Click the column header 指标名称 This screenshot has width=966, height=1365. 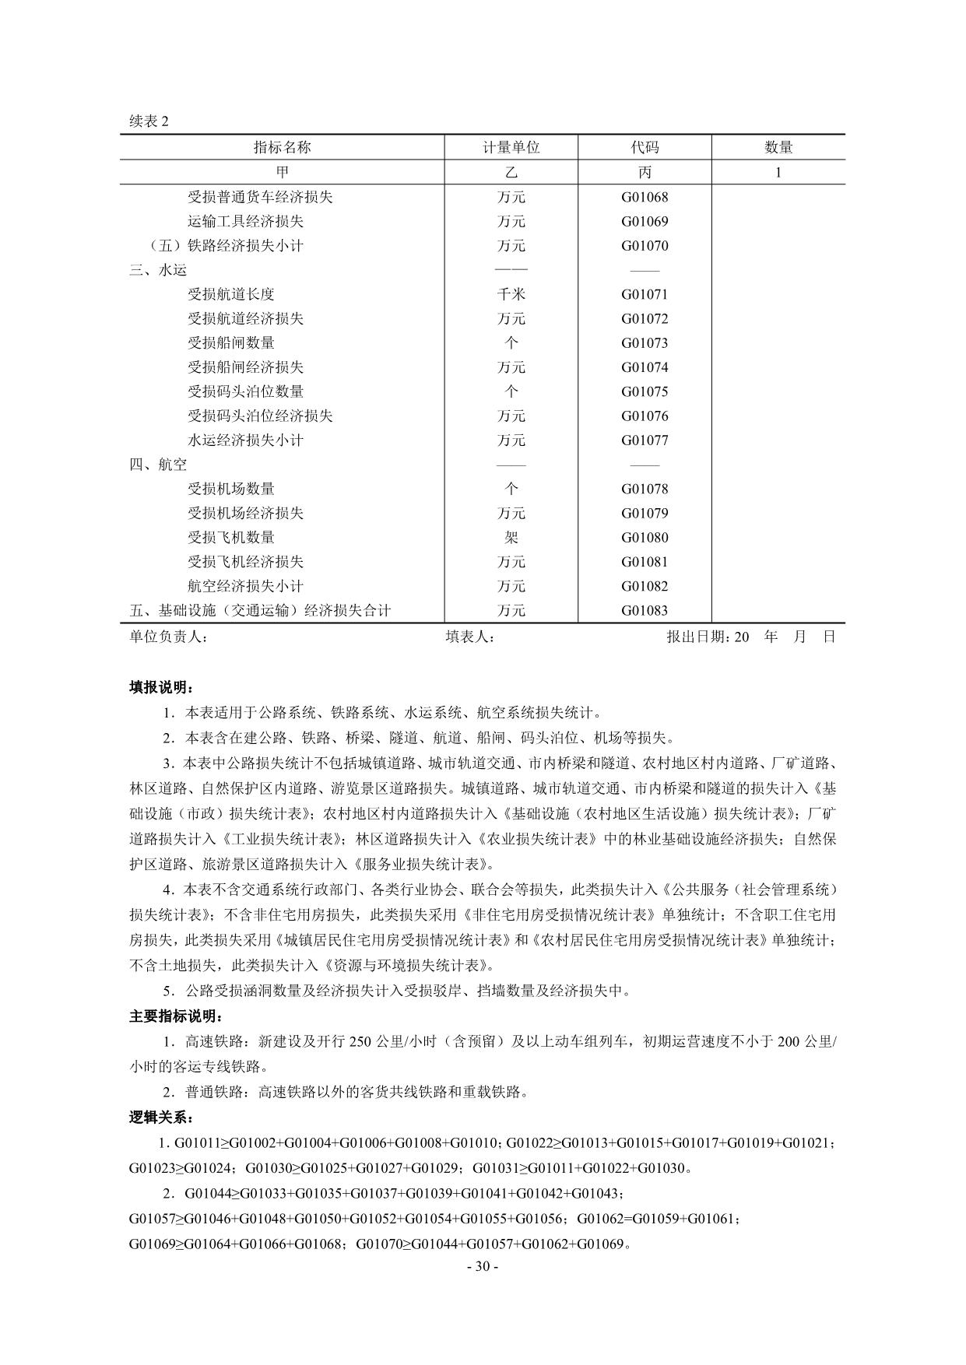[x=282, y=147]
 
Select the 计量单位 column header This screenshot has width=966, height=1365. [x=511, y=147]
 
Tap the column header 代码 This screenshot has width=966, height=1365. [x=645, y=147]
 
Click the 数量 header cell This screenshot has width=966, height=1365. [x=778, y=147]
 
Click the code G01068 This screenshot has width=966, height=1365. [x=645, y=197]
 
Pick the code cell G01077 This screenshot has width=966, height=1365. [x=645, y=440]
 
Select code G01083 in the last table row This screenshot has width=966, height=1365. [x=645, y=611]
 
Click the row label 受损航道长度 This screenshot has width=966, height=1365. [x=231, y=294]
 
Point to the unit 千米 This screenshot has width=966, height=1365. [x=511, y=294]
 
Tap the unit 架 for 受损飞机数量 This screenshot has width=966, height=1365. [x=511, y=538]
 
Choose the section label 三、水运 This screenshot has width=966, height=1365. [x=158, y=270]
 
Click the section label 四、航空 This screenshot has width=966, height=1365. [x=158, y=465]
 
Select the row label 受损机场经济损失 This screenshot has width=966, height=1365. [x=245, y=514]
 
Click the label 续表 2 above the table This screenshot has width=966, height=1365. [x=149, y=121]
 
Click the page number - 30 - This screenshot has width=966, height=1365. [x=483, y=1266]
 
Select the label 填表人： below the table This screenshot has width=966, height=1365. [x=471, y=637]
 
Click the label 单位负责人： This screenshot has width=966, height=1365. [x=169, y=637]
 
